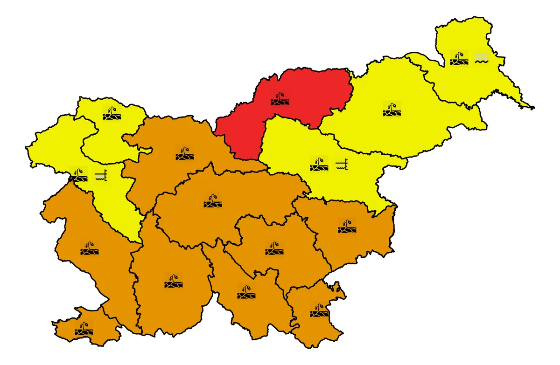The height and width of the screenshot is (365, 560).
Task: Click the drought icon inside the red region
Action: [280, 98]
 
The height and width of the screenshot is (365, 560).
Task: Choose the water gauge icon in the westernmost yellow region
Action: [101, 175]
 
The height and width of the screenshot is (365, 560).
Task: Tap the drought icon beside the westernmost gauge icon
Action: [78, 175]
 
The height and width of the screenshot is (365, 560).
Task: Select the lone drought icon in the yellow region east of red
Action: [392, 109]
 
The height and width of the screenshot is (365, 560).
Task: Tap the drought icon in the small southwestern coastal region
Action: [84, 329]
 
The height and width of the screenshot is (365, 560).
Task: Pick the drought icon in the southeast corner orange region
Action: [319, 309]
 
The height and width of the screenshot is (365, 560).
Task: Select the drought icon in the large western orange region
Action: [89, 248]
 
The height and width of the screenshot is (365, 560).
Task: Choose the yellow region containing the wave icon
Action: [467, 84]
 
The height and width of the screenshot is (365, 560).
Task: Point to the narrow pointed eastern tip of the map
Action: [532, 107]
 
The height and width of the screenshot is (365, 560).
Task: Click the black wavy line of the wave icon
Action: [481, 61]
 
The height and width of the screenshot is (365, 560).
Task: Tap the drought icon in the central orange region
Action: [213, 201]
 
